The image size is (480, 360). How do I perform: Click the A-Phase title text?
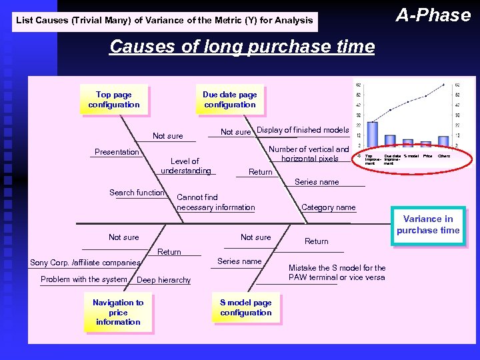[x=433, y=15]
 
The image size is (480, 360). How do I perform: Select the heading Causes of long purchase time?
[x=242, y=47]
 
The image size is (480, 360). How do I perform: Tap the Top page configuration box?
[x=114, y=100]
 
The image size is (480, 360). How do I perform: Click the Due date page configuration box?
[x=229, y=100]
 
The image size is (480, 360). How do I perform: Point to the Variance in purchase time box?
[x=427, y=225]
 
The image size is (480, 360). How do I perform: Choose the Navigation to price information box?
[x=118, y=312]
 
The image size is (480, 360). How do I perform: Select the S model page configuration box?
[x=245, y=308]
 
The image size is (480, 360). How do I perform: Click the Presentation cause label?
[x=117, y=152]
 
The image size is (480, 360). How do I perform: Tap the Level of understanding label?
[x=185, y=166]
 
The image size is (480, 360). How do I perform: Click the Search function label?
[x=137, y=193]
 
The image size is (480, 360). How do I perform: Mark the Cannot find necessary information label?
[x=215, y=202]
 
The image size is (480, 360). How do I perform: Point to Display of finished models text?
[x=303, y=130]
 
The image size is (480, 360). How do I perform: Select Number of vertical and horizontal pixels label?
[x=309, y=154]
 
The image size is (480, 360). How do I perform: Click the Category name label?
[x=328, y=207]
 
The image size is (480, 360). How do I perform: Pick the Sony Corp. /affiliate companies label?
[x=85, y=263]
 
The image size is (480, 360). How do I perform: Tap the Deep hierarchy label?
[x=163, y=280]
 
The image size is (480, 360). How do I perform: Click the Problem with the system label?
[x=83, y=279]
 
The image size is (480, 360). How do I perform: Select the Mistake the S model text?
[x=337, y=273]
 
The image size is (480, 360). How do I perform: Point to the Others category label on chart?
[x=444, y=156]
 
